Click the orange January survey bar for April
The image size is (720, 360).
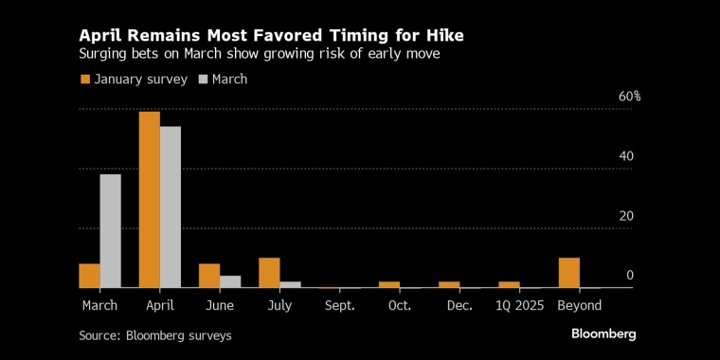click(150, 200)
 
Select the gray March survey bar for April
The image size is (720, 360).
click(171, 207)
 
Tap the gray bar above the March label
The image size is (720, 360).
click(110, 231)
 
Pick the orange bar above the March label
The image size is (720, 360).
click(90, 276)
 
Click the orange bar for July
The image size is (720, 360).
click(269, 273)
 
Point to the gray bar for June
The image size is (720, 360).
click(230, 281)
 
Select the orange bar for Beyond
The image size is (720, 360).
click(569, 273)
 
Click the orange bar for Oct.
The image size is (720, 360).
click(389, 285)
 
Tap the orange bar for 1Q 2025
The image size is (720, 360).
click(510, 285)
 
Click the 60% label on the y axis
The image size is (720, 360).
click(630, 97)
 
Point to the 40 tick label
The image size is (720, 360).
click(626, 156)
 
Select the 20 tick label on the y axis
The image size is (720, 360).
click(626, 216)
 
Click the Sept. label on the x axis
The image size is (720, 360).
click(340, 306)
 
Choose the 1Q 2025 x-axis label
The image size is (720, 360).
click(520, 306)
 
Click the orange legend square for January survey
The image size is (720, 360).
click(85, 80)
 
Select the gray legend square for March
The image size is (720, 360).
click(203, 80)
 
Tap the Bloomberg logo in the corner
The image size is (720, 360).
click(603, 334)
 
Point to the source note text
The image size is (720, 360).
click(155, 335)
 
